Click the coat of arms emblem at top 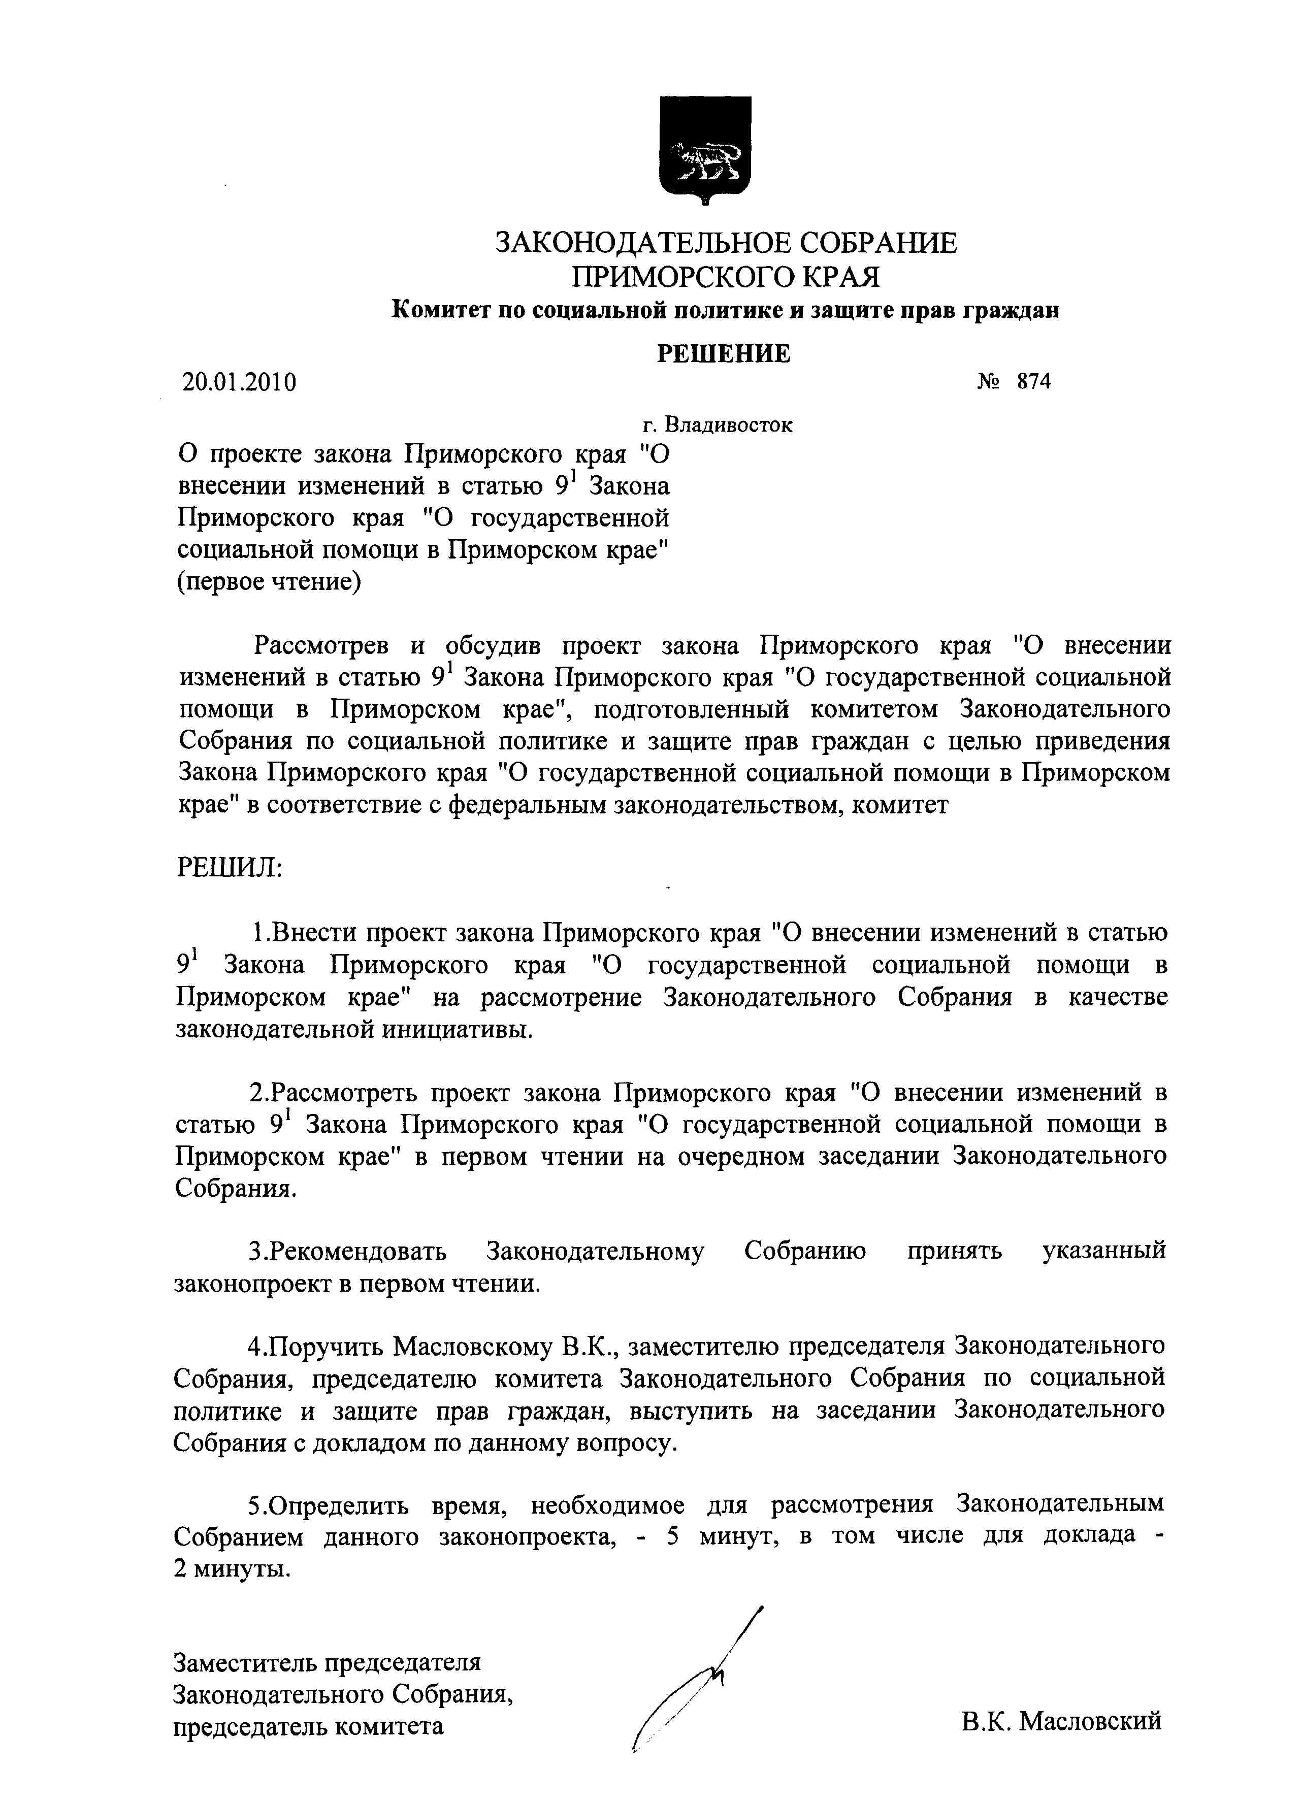point(705,150)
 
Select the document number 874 point(1033,382)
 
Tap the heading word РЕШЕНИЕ point(723,353)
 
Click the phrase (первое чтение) point(269,581)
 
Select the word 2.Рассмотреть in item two point(334,1092)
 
